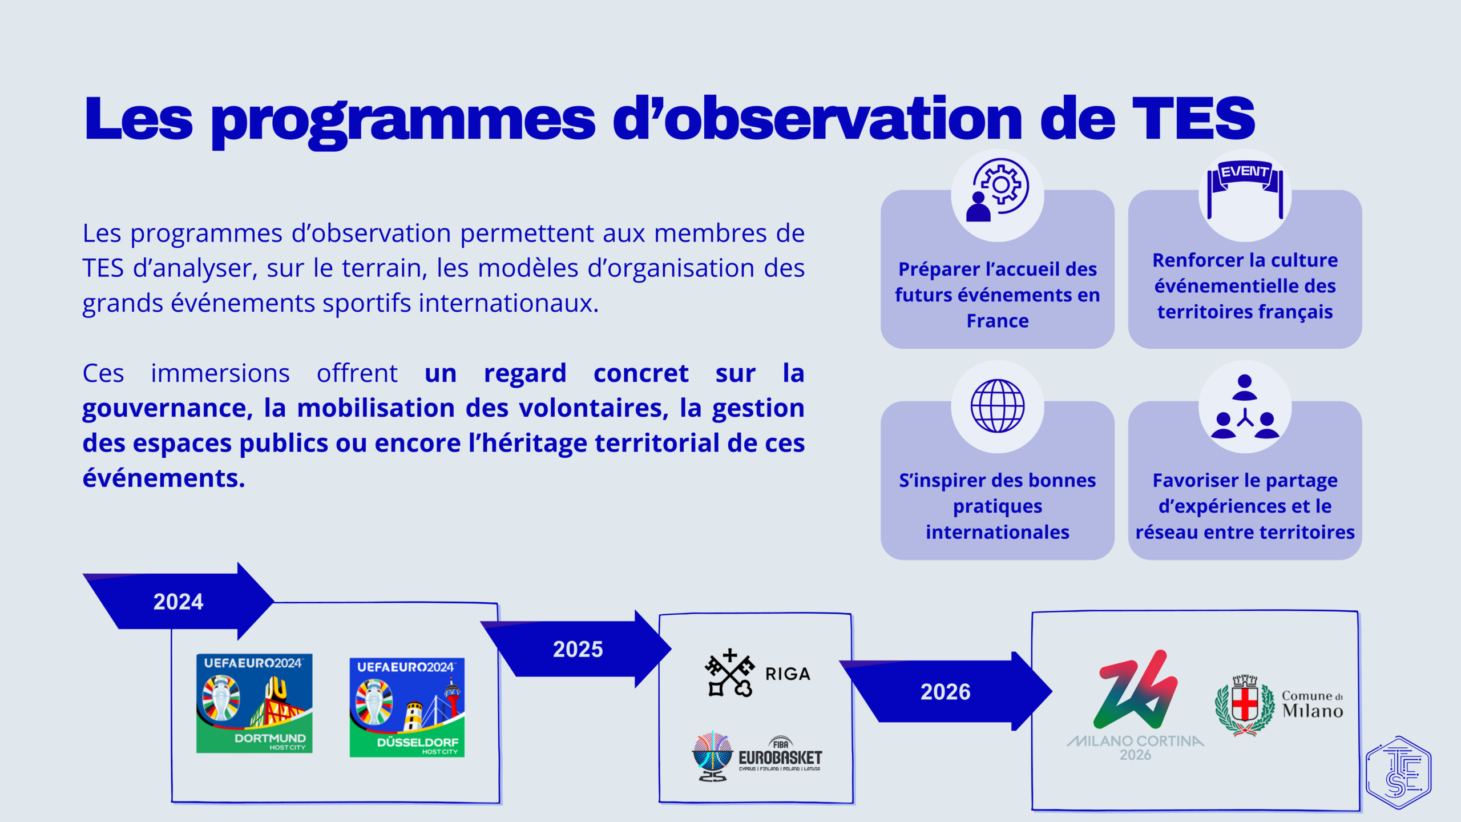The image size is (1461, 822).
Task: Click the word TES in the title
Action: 1193,118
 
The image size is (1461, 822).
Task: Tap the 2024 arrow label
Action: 178,602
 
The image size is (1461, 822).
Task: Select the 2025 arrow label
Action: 578,649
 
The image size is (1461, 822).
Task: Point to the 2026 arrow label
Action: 945,692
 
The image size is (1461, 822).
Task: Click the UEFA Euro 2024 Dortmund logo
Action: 255,703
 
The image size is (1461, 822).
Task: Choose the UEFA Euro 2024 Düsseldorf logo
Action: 407,707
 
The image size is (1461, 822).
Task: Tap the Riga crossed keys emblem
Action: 729,673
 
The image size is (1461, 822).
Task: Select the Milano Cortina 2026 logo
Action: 1136,706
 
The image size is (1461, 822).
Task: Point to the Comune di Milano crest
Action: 1245,706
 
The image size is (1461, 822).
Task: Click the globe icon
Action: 998,406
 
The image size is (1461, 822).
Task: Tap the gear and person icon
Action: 998,190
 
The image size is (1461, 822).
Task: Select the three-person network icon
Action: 1245,406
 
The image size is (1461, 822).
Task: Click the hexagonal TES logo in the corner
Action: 1398,772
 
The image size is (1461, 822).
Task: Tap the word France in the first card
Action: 998,321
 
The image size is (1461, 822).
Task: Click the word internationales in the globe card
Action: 998,532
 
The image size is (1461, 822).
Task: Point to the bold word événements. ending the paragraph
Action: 164,478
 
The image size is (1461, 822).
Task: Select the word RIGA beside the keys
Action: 788,674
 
